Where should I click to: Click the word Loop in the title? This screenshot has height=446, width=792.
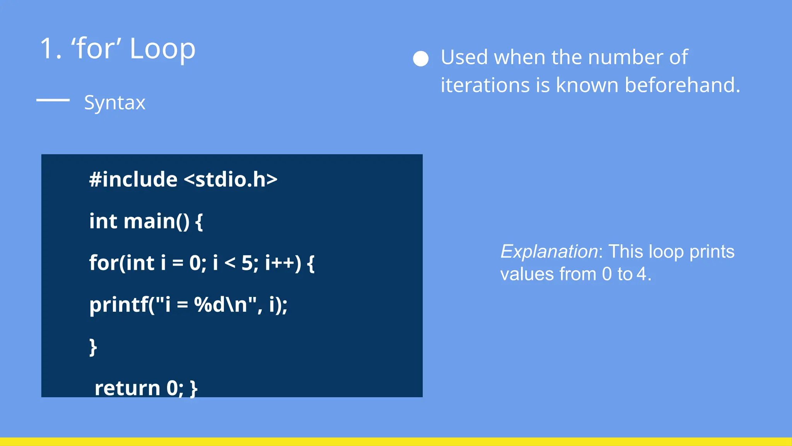[x=162, y=49]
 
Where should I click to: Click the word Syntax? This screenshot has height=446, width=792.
[x=114, y=103]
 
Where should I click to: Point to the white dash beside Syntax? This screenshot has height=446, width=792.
[x=53, y=100]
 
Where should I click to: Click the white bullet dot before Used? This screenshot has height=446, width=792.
[x=421, y=59]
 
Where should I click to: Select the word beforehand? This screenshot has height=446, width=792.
[x=682, y=85]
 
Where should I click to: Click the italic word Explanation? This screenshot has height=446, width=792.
[x=549, y=252]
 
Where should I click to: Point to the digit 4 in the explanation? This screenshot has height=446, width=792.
[x=642, y=274]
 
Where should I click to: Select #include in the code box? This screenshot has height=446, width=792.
[x=133, y=180]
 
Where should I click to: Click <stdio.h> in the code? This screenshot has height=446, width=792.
[x=230, y=180]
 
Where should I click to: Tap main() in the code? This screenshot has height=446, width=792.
[x=157, y=221]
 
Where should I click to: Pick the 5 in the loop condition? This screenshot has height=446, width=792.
[x=247, y=263]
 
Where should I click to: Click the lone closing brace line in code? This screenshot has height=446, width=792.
[x=93, y=347]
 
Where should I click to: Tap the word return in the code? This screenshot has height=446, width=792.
[x=127, y=388]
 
